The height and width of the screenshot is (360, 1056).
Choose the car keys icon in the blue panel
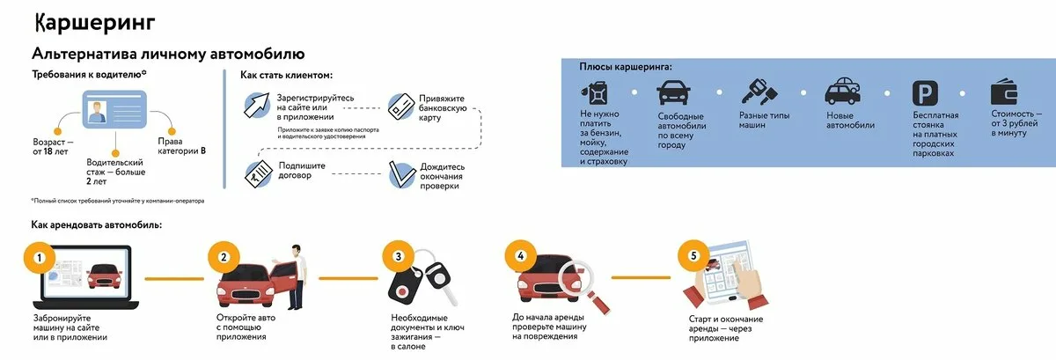click(758, 92)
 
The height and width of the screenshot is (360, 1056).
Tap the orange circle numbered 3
click(398, 257)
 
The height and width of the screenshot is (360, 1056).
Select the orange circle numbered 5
click(694, 257)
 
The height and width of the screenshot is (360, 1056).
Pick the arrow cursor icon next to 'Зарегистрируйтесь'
click(258, 106)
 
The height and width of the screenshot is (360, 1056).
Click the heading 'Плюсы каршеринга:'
click(626, 67)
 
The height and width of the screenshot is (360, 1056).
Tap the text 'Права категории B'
click(181, 146)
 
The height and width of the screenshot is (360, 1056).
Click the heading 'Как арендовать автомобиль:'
click(96, 224)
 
